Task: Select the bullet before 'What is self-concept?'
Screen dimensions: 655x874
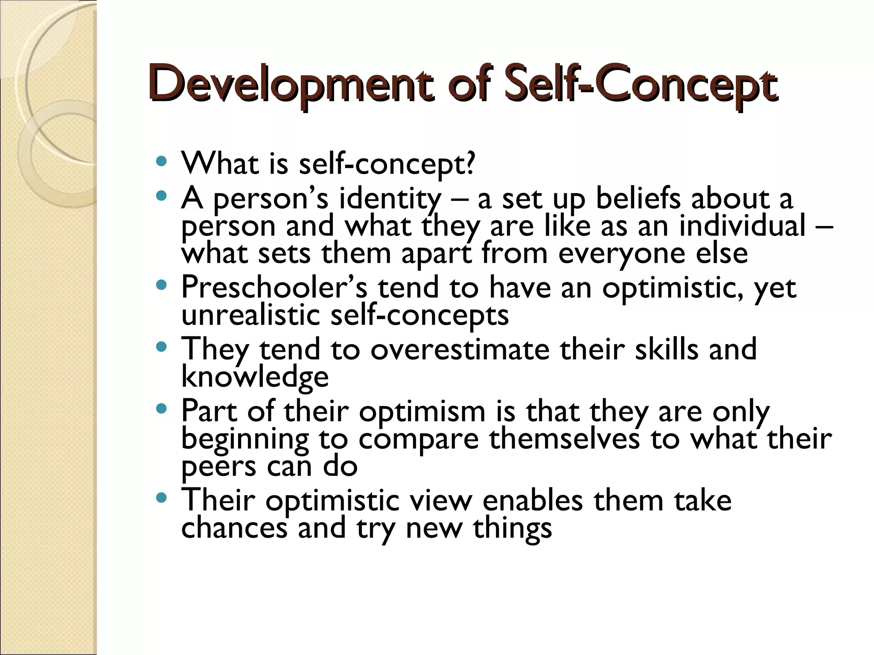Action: point(161,162)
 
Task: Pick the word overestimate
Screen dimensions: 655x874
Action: point(460,349)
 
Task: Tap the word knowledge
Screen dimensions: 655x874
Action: point(255,377)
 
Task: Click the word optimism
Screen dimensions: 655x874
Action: point(422,412)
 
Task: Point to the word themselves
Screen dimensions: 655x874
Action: point(564,439)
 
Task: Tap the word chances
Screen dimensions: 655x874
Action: point(234,527)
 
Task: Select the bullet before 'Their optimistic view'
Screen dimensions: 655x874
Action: point(161,497)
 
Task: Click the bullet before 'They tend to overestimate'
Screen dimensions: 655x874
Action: point(161,347)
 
